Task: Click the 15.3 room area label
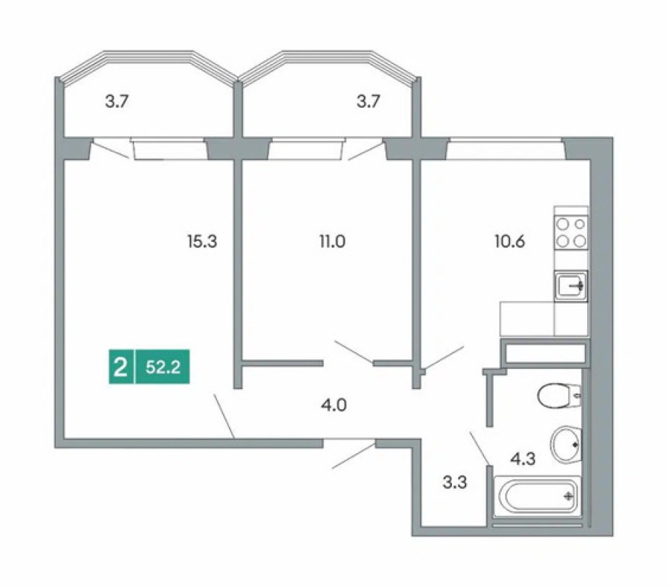click(202, 241)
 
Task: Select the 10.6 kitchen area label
click(510, 241)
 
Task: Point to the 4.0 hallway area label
click(334, 406)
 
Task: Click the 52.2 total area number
click(164, 368)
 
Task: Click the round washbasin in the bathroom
click(566, 445)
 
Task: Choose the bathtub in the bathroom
click(537, 496)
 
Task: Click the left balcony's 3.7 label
click(117, 103)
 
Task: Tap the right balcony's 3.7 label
click(368, 103)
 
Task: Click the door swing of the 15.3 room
click(224, 416)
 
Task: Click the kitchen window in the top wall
click(505, 151)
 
